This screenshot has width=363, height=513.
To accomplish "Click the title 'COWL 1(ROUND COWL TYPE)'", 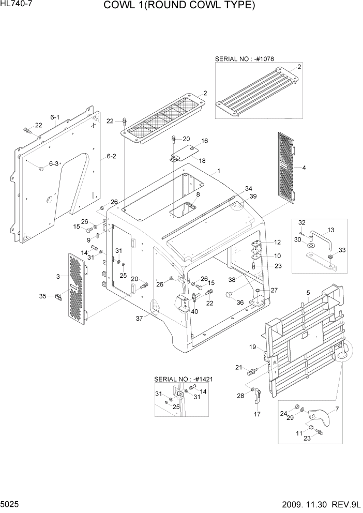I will [x=179, y=6].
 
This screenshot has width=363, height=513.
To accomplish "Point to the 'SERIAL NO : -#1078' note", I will [x=245, y=59].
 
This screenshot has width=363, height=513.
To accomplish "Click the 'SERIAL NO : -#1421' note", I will [x=184, y=379].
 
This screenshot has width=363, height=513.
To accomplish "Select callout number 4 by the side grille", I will [x=304, y=168].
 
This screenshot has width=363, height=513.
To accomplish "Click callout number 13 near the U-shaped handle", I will [x=331, y=230].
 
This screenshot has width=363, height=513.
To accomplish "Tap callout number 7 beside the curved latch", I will [x=337, y=409].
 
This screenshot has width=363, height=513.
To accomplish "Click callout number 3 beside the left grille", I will [x=58, y=277].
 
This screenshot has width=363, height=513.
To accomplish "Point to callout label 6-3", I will [x=54, y=163].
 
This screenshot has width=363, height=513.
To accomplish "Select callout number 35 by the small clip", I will [x=42, y=296].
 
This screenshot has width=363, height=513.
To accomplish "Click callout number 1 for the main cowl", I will [x=219, y=171].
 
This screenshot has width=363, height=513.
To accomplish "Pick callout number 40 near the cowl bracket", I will [x=194, y=311].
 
